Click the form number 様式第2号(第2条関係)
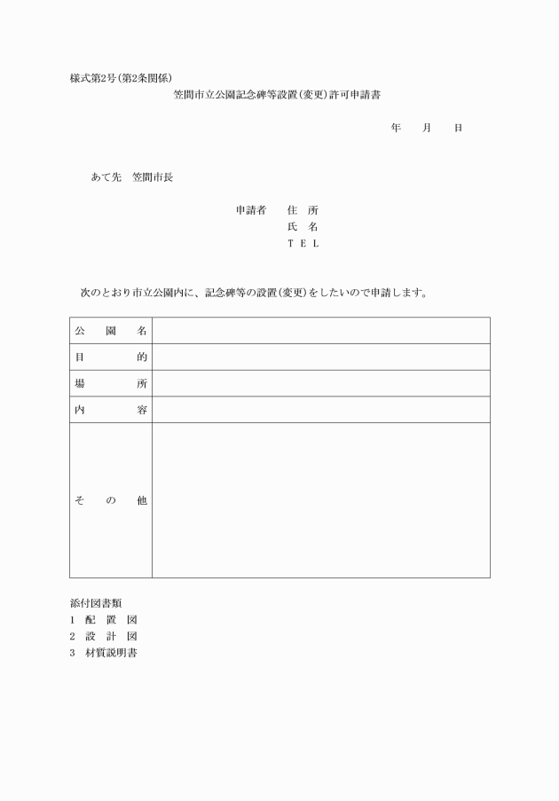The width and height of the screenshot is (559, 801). coord(127,77)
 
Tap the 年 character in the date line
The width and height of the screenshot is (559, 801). coord(396,129)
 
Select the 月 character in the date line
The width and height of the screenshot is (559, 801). coord(427,129)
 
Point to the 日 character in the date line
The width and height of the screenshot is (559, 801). coord(458,129)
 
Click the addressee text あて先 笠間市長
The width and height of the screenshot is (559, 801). coord(132,177)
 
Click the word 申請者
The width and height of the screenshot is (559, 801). coord(251,211)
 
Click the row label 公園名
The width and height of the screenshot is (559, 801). coord(111,331)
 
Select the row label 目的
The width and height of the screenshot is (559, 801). coord(111,357)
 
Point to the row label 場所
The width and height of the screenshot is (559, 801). coord(111,384)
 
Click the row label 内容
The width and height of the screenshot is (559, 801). coord(111,410)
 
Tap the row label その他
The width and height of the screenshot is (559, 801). coord(111,501)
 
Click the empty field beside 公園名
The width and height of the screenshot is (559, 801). coord(320,331)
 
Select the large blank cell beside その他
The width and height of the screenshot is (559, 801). coord(320,500)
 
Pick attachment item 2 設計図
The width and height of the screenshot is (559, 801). coord(104,637)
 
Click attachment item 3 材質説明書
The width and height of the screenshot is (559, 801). coord(104,654)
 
